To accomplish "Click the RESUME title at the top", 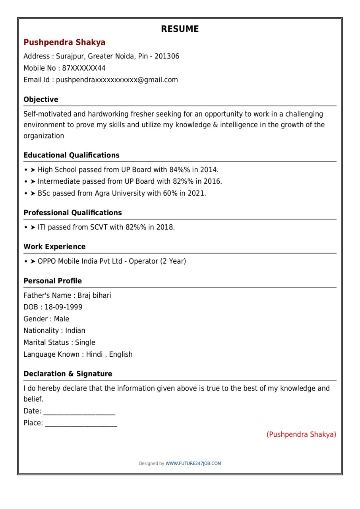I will pos(180,29).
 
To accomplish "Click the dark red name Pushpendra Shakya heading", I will pos(64,42).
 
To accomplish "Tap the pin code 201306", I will pos(167,56).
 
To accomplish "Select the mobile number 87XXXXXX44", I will pos(84,68).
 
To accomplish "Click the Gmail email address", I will pos(117,80).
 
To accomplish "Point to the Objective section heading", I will pos(41,99).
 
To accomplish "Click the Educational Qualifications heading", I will pos(72,155).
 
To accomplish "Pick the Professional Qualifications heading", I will pos(73,213).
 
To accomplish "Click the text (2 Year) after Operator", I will pos(173,261).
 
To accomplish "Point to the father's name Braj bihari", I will pos(94,295).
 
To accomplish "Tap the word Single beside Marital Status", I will pos(85,342).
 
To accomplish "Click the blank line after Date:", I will pos(79,412).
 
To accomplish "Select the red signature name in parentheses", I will pos(301,434).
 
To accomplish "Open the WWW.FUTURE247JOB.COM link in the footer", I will pos(193,463).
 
